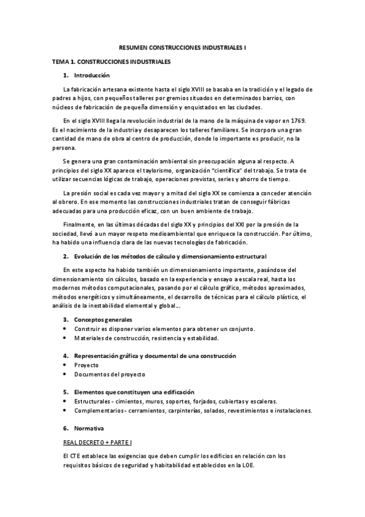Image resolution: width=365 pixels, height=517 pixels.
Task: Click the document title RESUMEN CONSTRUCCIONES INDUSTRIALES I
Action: [182, 47]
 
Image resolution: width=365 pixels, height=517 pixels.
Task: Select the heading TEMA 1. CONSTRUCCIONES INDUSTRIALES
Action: [112, 62]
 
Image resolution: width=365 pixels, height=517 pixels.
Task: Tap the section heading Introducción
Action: [91, 76]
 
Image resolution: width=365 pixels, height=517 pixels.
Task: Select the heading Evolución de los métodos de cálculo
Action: [170, 255]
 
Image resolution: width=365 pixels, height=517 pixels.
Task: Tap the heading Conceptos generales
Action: [103, 319]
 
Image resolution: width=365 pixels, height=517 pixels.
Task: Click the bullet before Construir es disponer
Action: [65, 329]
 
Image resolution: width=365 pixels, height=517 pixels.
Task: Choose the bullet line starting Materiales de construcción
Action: [146, 338]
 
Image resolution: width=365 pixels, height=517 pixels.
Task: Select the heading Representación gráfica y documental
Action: [155, 355]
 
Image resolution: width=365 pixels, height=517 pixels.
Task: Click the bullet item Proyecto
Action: [87, 365]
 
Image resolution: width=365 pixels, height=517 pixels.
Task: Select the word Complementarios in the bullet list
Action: [100, 410]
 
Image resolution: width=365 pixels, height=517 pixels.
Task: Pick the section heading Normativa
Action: [89, 428]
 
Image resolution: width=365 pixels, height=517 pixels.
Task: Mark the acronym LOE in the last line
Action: [245, 465]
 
